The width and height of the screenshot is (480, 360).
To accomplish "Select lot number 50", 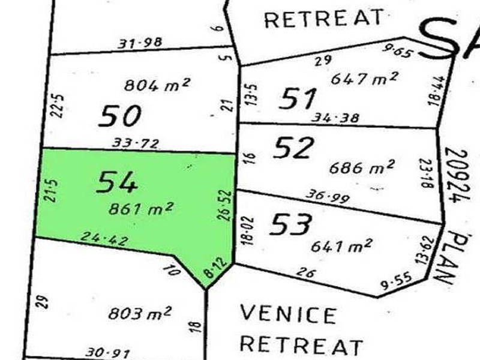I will tap(120, 115).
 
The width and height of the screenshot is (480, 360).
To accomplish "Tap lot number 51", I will tap(298, 98).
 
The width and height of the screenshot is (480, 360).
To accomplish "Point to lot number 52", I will tap(293, 148).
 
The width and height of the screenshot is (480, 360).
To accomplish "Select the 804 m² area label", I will tap(157, 85).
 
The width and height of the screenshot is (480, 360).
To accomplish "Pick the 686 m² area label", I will tap(362, 167).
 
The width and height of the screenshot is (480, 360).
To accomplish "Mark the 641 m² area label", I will tap(342, 245).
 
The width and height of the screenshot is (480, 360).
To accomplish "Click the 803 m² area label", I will tap(140, 313).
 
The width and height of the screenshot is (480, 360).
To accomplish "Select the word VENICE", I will tap(288, 314).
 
